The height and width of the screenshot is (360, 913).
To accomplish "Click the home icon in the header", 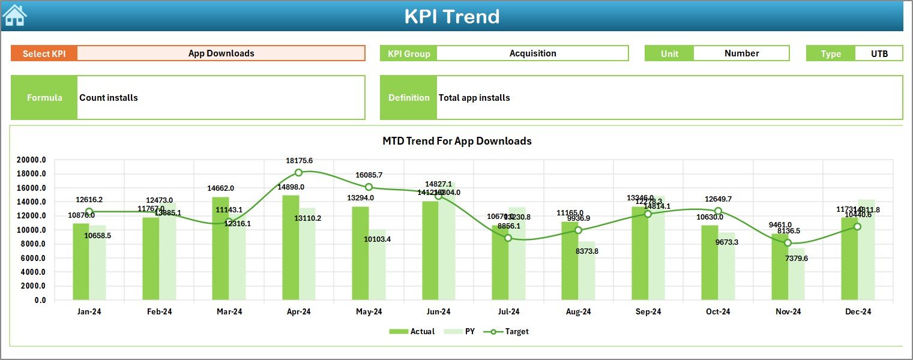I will pyautogui.click(x=14, y=16).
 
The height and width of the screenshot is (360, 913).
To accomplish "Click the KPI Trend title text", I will pyautogui.click(x=451, y=16).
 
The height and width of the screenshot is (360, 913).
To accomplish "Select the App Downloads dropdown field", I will pyautogui.click(x=221, y=53).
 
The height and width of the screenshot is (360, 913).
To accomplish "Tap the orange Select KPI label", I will pyautogui.click(x=44, y=53).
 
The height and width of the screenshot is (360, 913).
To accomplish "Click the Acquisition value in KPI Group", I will pyautogui.click(x=532, y=53).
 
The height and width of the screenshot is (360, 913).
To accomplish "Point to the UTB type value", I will pyautogui.click(x=879, y=53).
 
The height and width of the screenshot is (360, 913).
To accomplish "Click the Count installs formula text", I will pyautogui.click(x=109, y=98).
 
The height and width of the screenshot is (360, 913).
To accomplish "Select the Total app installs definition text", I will pyautogui.click(x=474, y=98).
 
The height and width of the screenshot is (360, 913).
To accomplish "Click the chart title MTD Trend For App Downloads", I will pyautogui.click(x=457, y=141).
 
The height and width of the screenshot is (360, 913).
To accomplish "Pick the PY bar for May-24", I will pyautogui.click(x=377, y=264).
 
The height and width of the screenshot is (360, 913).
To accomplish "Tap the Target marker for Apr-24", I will pyautogui.click(x=298, y=173).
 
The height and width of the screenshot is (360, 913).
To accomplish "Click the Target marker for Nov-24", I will pyautogui.click(x=788, y=243).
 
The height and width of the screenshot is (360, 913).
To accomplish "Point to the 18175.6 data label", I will pyautogui.click(x=299, y=161).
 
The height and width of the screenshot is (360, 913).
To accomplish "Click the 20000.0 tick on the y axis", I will pyautogui.click(x=32, y=160).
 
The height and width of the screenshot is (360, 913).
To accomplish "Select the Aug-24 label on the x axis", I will pyautogui.click(x=578, y=312).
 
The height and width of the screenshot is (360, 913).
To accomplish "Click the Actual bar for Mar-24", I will pyautogui.click(x=220, y=248).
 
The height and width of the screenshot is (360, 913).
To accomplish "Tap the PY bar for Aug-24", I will pyautogui.click(x=586, y=270).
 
